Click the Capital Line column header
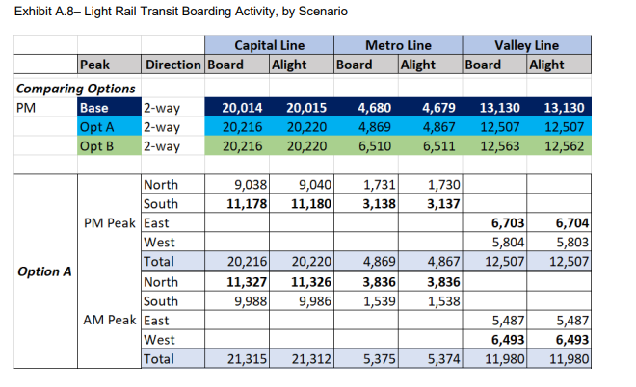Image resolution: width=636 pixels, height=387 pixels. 269,45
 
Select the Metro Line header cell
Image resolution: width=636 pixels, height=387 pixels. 398,45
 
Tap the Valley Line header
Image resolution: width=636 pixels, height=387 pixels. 526,45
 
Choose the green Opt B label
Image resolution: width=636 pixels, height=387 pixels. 98,146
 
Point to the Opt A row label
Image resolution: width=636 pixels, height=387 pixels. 98,127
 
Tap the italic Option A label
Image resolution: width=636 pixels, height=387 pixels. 45,271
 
